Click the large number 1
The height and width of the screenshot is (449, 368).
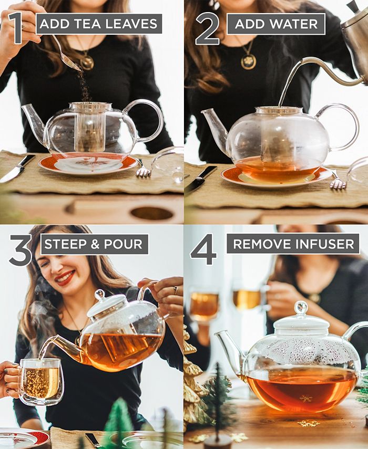coord(16,27)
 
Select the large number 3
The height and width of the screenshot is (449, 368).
coord(21,250)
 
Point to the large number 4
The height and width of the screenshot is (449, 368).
coord(203,249)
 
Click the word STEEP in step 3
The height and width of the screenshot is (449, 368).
coord(64,244)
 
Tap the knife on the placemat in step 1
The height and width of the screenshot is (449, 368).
coord(17,169)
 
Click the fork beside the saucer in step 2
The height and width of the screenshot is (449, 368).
coord(336,181)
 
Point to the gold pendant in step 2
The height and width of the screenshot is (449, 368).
coord(248,61)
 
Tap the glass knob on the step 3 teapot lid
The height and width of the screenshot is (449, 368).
coord(100,295)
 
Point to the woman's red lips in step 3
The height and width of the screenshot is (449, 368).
coord(65,279)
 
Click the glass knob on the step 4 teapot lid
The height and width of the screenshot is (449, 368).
coord(301,308)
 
